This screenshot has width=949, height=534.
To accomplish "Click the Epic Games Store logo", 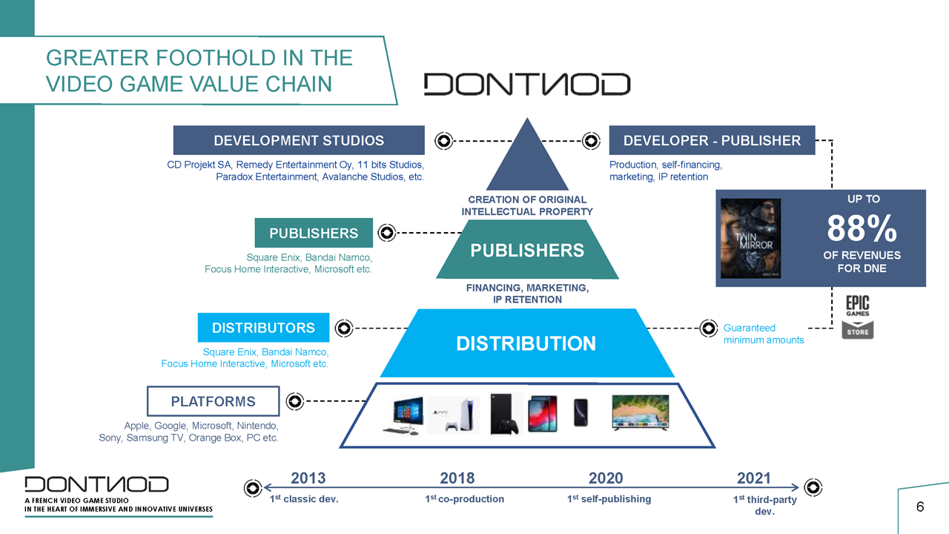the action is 858,317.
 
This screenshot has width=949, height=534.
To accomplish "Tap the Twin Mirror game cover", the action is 751,239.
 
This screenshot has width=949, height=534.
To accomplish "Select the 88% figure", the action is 862,228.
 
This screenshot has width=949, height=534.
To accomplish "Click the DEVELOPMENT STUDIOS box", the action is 299,140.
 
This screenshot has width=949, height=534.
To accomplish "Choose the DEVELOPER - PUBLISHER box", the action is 712,140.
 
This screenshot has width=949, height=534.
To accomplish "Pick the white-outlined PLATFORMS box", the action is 213,401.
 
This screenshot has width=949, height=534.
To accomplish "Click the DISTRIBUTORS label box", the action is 263,328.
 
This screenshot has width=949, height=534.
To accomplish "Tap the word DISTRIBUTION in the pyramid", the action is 526,343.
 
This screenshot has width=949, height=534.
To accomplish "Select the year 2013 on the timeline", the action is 308,478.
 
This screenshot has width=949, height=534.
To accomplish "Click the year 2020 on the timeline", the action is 606,478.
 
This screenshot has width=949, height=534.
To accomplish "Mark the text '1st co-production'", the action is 464,499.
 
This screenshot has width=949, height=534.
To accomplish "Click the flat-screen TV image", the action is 641,412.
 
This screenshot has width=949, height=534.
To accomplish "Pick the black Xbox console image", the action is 503,414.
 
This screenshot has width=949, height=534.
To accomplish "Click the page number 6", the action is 920,507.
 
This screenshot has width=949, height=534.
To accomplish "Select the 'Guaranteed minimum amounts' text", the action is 764,334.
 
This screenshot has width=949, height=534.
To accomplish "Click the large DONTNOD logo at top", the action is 527,84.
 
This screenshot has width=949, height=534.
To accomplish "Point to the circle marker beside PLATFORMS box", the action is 295,401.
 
